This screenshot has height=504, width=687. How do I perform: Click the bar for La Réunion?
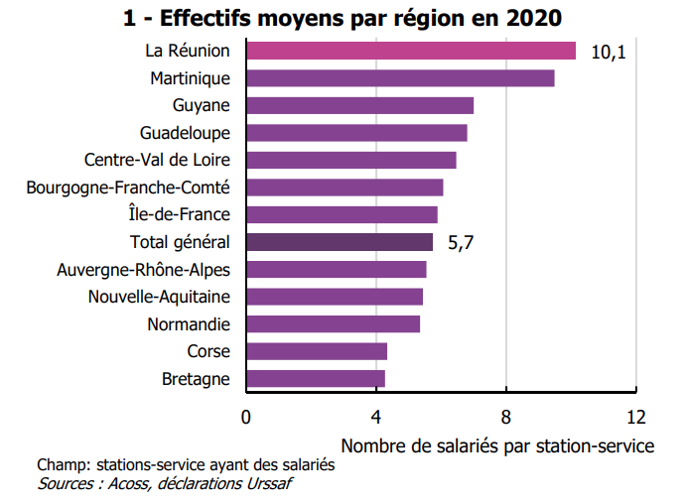410,51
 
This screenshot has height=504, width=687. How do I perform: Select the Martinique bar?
399,78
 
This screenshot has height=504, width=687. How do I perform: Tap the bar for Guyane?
359,105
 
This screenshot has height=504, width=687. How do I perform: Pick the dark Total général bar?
339,241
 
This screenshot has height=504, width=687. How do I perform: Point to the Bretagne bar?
315,378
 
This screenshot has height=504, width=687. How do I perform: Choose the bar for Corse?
316,351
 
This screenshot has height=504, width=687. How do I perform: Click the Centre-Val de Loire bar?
350,160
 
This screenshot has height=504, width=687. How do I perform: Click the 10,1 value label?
608,52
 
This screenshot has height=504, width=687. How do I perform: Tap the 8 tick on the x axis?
506,416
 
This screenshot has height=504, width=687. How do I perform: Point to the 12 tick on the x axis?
636,416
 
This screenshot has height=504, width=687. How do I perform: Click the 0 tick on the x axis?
246,416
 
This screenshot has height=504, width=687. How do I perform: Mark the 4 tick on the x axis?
376,416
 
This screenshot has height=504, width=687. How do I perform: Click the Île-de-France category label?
180,214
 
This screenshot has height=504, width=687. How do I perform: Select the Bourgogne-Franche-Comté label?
128,187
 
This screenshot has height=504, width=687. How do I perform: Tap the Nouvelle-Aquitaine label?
159,297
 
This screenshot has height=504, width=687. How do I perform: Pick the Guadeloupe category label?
186,133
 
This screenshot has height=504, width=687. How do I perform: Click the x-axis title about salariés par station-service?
496,445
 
